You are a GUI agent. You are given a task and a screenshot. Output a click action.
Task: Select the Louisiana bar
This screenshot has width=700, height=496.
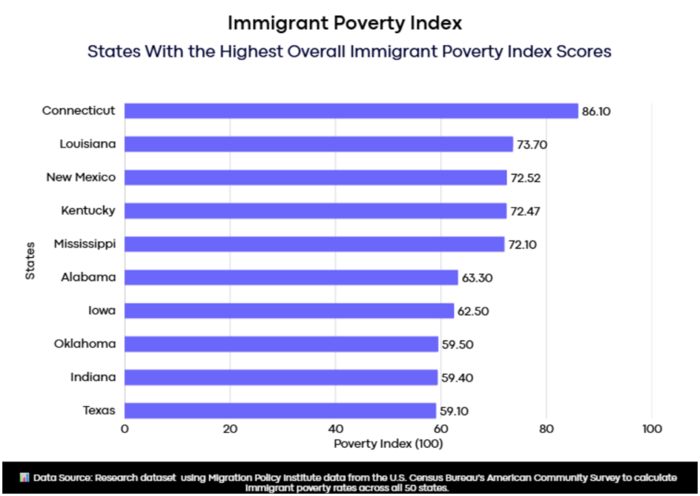tap(319, 144)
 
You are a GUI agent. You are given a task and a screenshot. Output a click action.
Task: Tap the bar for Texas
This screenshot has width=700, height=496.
tap(280, 410)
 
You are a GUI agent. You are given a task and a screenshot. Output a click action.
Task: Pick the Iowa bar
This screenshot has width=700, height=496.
tap(289, 311)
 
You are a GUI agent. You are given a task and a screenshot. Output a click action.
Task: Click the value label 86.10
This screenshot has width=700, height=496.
tap(596, 111)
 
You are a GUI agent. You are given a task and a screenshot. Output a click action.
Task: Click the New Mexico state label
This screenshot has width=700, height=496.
tap(81, 177)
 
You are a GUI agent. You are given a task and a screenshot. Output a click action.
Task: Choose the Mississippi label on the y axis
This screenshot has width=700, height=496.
tap(84, 244)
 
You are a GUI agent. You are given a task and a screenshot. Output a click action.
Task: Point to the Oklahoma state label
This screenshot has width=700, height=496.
tap(85, 343)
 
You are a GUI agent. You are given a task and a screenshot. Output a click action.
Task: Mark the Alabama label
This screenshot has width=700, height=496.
tap(88, 277)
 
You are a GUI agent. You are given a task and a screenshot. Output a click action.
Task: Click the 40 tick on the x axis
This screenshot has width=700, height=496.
tap(336, 429)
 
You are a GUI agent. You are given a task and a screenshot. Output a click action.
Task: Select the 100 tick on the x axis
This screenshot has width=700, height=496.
tap(651, 429)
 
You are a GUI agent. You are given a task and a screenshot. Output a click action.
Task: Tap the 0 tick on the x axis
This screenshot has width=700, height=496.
tap(124, 429)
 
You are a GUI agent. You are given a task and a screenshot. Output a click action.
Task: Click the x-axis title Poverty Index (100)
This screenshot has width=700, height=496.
tap(388, 444)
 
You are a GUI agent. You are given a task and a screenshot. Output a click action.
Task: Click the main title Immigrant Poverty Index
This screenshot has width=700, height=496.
tap(345, 23)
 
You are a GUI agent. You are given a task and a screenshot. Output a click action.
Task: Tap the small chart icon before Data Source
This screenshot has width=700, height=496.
tap(25, 476)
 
